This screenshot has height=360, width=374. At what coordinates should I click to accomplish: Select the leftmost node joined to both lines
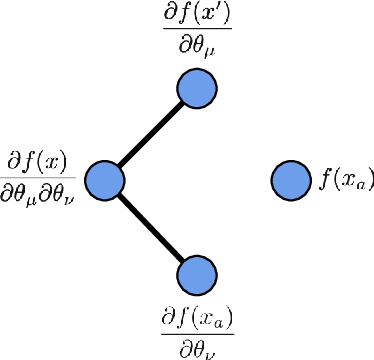(104, 180)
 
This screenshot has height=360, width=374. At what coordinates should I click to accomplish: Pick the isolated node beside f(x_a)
(290, 180)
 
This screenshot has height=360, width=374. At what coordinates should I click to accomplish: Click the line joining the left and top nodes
(150, 134)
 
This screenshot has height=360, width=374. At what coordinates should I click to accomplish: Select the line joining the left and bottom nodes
(150, 227)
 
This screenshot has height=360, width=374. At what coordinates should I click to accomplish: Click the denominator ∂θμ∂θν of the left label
(41, 197)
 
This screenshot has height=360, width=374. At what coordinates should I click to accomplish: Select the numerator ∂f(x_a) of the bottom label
(197, 317)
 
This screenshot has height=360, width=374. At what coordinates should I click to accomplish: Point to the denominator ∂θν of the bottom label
(197, 349)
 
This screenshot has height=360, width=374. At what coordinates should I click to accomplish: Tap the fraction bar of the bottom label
(197, 334)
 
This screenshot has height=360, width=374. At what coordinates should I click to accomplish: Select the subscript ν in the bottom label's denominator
(209, 353)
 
